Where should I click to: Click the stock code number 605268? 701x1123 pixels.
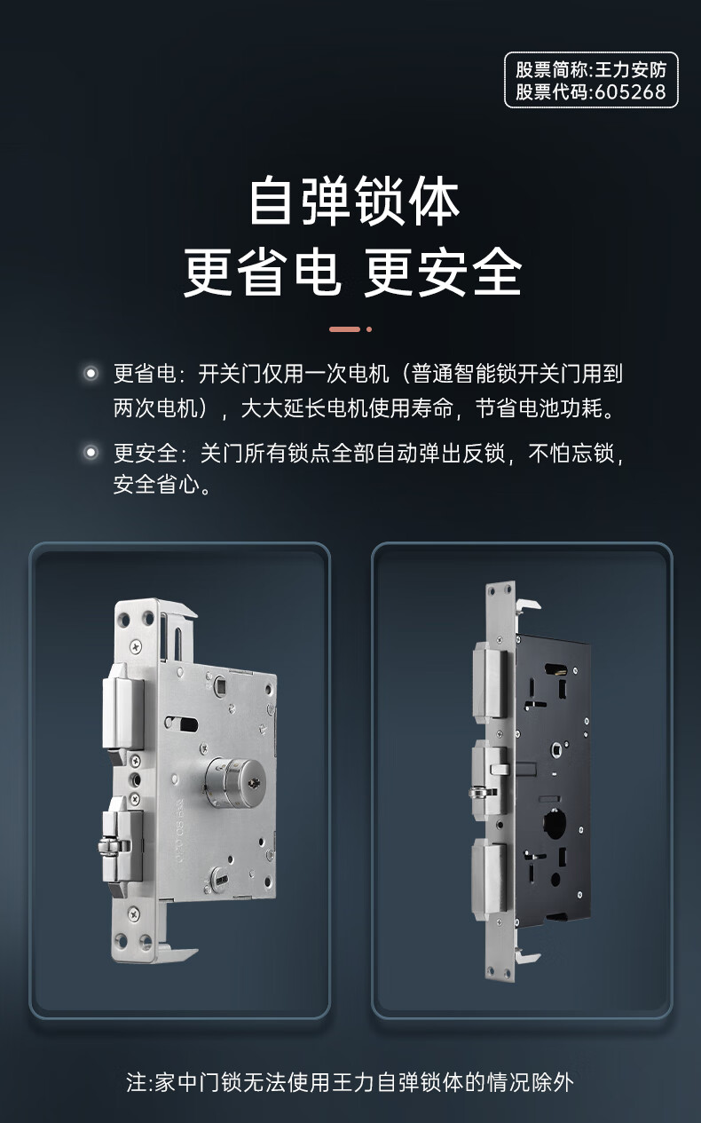pyautogui.click(x=630, y=91)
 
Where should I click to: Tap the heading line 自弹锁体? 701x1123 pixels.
pyautogui.click(x=354, y=201)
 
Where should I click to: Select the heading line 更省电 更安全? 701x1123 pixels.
pyautogui.click(x=353, y=272)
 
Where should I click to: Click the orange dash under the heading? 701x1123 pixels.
pyautogui.click(x=344, y=329)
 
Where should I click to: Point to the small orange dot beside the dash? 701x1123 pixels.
pyautogui.click(x=369, y=329)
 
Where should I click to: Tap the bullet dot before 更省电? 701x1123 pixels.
pyautogui.click(x=91, y=373)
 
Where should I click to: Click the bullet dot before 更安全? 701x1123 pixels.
pyautogui.click(x=91, y=452)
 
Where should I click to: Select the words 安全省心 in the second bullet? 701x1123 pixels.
pyautogui.click(x=155, y=485)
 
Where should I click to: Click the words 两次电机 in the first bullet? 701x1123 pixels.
pyautogui.click(x=155, y=408)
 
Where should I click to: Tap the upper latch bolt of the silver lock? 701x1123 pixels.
pyautogui.click(x=122, y=707)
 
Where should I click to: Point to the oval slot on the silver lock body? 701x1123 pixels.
pyautogui.click(x=181, y=724)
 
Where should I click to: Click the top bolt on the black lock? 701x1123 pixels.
pyautogui.click(x=489, y=683)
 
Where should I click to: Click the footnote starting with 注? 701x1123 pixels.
pyautogui.click(x=350, y=1082)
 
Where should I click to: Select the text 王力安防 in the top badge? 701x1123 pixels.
pyautogui.click(x=630, y=70)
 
